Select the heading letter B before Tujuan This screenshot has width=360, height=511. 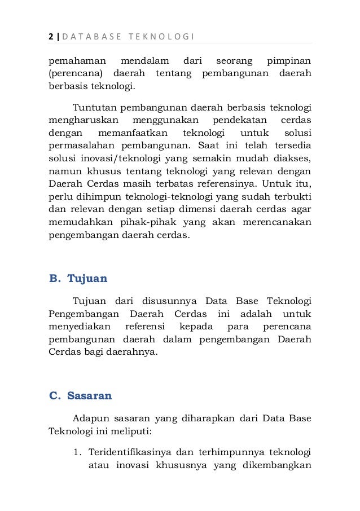coord(54,278)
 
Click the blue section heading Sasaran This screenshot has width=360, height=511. coord(90,395)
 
